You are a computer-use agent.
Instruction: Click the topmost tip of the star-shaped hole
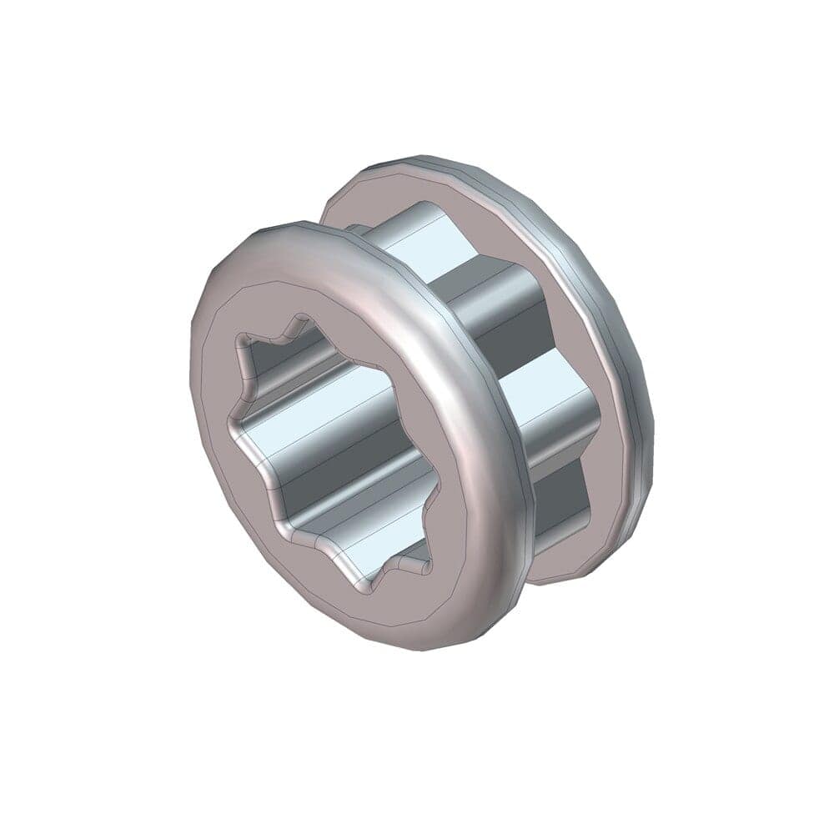(299, 317)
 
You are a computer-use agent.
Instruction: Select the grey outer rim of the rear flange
(617, 334)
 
